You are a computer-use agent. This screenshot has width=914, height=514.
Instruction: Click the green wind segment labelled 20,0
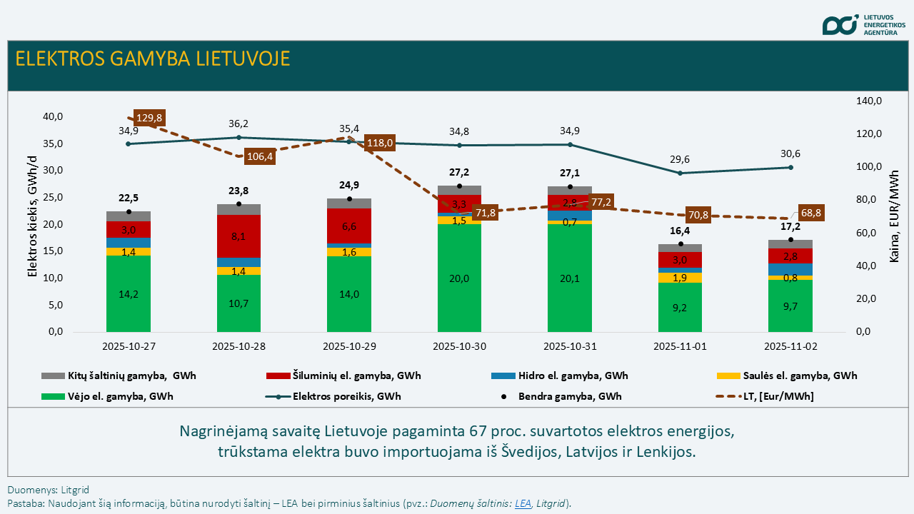pos(459,278)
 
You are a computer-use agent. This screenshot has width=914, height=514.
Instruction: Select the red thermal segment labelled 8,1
pos(238,236)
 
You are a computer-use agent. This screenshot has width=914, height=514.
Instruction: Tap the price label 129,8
pos(149,118)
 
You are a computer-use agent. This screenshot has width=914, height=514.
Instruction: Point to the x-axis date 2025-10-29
pos(349,347)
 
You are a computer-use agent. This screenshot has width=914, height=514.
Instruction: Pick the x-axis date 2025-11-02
pos(790,347)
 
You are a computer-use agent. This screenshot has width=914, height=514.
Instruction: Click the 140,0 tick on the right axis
pos(869,101)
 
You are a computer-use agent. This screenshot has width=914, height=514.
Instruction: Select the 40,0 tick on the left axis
pos(54,116)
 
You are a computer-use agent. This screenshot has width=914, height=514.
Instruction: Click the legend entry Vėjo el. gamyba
pos(107,396)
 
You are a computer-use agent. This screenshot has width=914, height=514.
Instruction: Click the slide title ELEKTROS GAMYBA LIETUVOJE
pos(153,59)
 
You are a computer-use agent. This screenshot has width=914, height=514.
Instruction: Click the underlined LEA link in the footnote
pos(523,503)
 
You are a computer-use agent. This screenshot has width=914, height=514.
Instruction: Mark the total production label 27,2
pos(459,173)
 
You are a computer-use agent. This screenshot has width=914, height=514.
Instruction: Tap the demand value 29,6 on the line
pos(680,160)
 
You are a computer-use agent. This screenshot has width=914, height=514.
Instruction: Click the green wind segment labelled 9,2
pos(680,308)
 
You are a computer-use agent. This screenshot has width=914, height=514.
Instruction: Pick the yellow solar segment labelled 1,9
pos(680,278)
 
